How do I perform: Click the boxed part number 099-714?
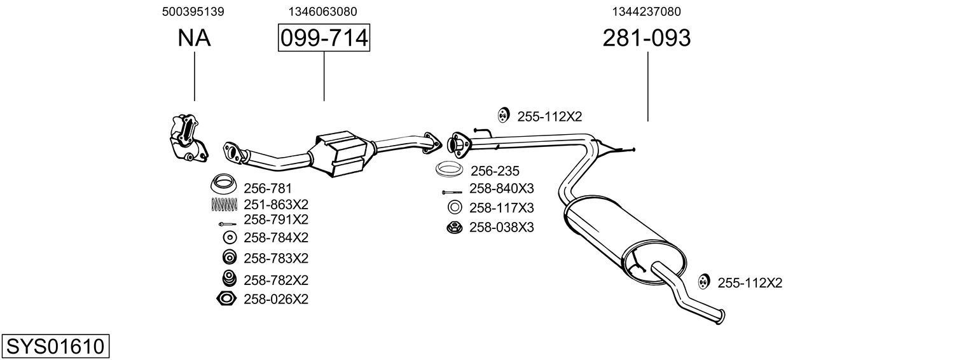coord(324,39)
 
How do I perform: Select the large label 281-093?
coord(646,39)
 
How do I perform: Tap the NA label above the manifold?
coord(194,39)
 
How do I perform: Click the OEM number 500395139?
coord(193,11)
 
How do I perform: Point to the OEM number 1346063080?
coord(322,11)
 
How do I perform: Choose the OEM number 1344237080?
coord(647,11)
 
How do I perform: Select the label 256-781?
coord(267,188)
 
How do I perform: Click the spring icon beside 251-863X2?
coord(224,204)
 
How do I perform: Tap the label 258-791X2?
coord(275,219)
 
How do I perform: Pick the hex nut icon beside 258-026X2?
coord(226,298)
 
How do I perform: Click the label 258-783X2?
coord(275,258)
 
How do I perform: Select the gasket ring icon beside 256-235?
coord(450,170)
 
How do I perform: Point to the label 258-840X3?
coord(501,189)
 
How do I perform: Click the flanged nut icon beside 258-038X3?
coord(454,227)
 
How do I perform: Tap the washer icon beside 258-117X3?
coord(454,208)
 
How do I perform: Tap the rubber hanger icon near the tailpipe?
coord(703,282)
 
